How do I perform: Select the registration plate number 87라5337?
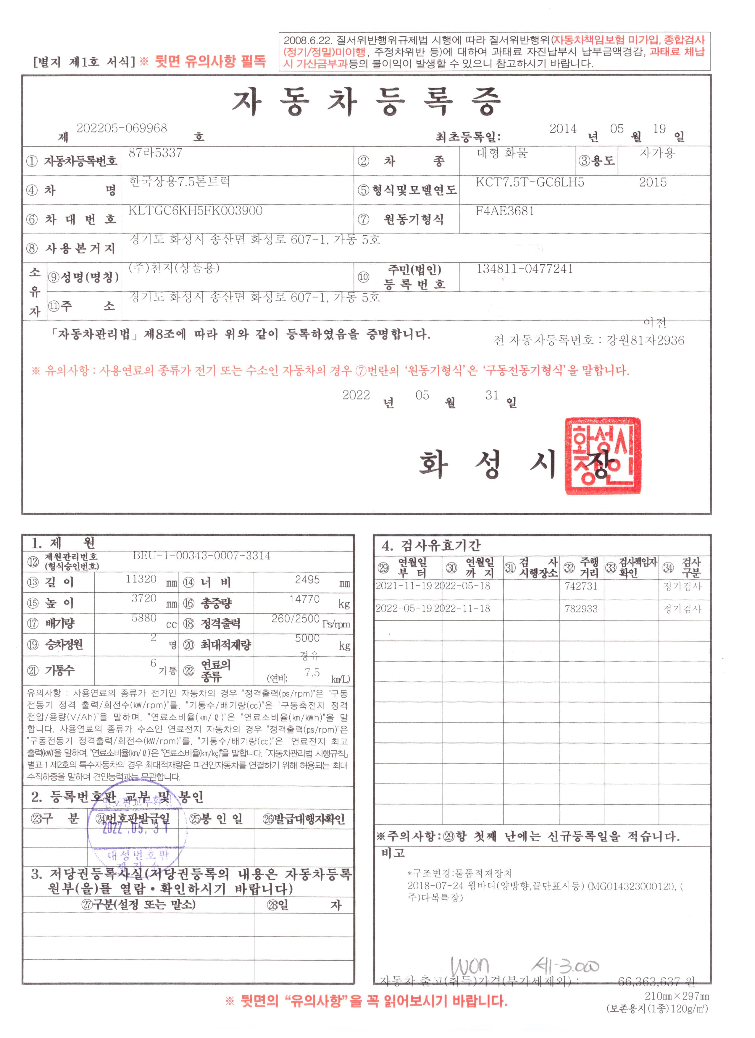point(155,153)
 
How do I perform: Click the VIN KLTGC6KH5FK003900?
point(196,211)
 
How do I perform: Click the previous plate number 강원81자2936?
point(646,340)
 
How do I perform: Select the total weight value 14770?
point(304,599)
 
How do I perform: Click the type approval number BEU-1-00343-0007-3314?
point(201,556)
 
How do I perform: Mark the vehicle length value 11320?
point(141,579)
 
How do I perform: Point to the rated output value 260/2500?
point(295,619)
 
